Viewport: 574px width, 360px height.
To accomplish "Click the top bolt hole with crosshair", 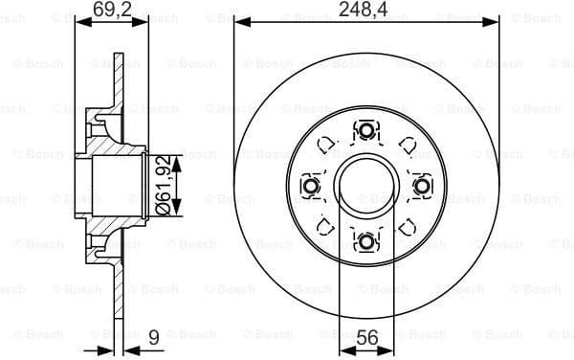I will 365,129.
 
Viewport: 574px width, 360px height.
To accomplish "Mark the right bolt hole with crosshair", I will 421,184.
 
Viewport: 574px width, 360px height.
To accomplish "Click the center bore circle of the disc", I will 365,184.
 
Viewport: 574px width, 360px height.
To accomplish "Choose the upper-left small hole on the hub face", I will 325,144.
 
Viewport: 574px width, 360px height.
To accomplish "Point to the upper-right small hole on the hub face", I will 407,144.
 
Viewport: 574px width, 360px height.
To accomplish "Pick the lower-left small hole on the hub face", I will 325,225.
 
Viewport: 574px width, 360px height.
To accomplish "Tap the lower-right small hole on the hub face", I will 407,225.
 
